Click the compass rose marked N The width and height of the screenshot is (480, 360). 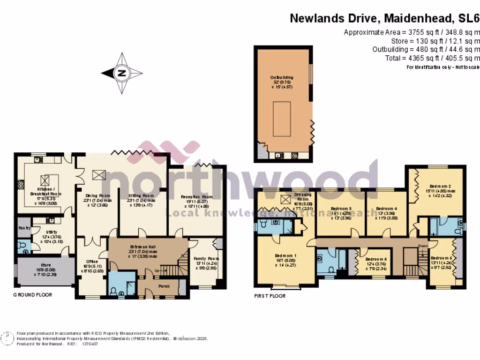tap(122, 73)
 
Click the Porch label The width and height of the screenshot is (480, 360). tap(164, 286)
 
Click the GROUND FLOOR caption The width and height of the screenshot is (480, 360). tap(33, 295)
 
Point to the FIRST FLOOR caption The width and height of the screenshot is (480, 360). tap(270, 296)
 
